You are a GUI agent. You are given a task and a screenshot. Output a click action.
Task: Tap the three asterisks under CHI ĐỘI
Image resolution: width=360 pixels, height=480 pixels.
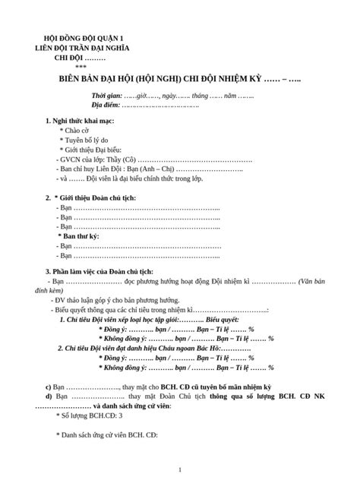tap(81, 66)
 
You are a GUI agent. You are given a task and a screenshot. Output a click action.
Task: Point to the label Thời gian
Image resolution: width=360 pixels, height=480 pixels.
tap(107, 96)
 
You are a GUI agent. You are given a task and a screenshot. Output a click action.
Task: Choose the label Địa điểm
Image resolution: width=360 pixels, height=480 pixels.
tap(106, 106)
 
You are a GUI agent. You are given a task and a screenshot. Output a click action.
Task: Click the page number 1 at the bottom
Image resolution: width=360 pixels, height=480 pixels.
tap(179, 468)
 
